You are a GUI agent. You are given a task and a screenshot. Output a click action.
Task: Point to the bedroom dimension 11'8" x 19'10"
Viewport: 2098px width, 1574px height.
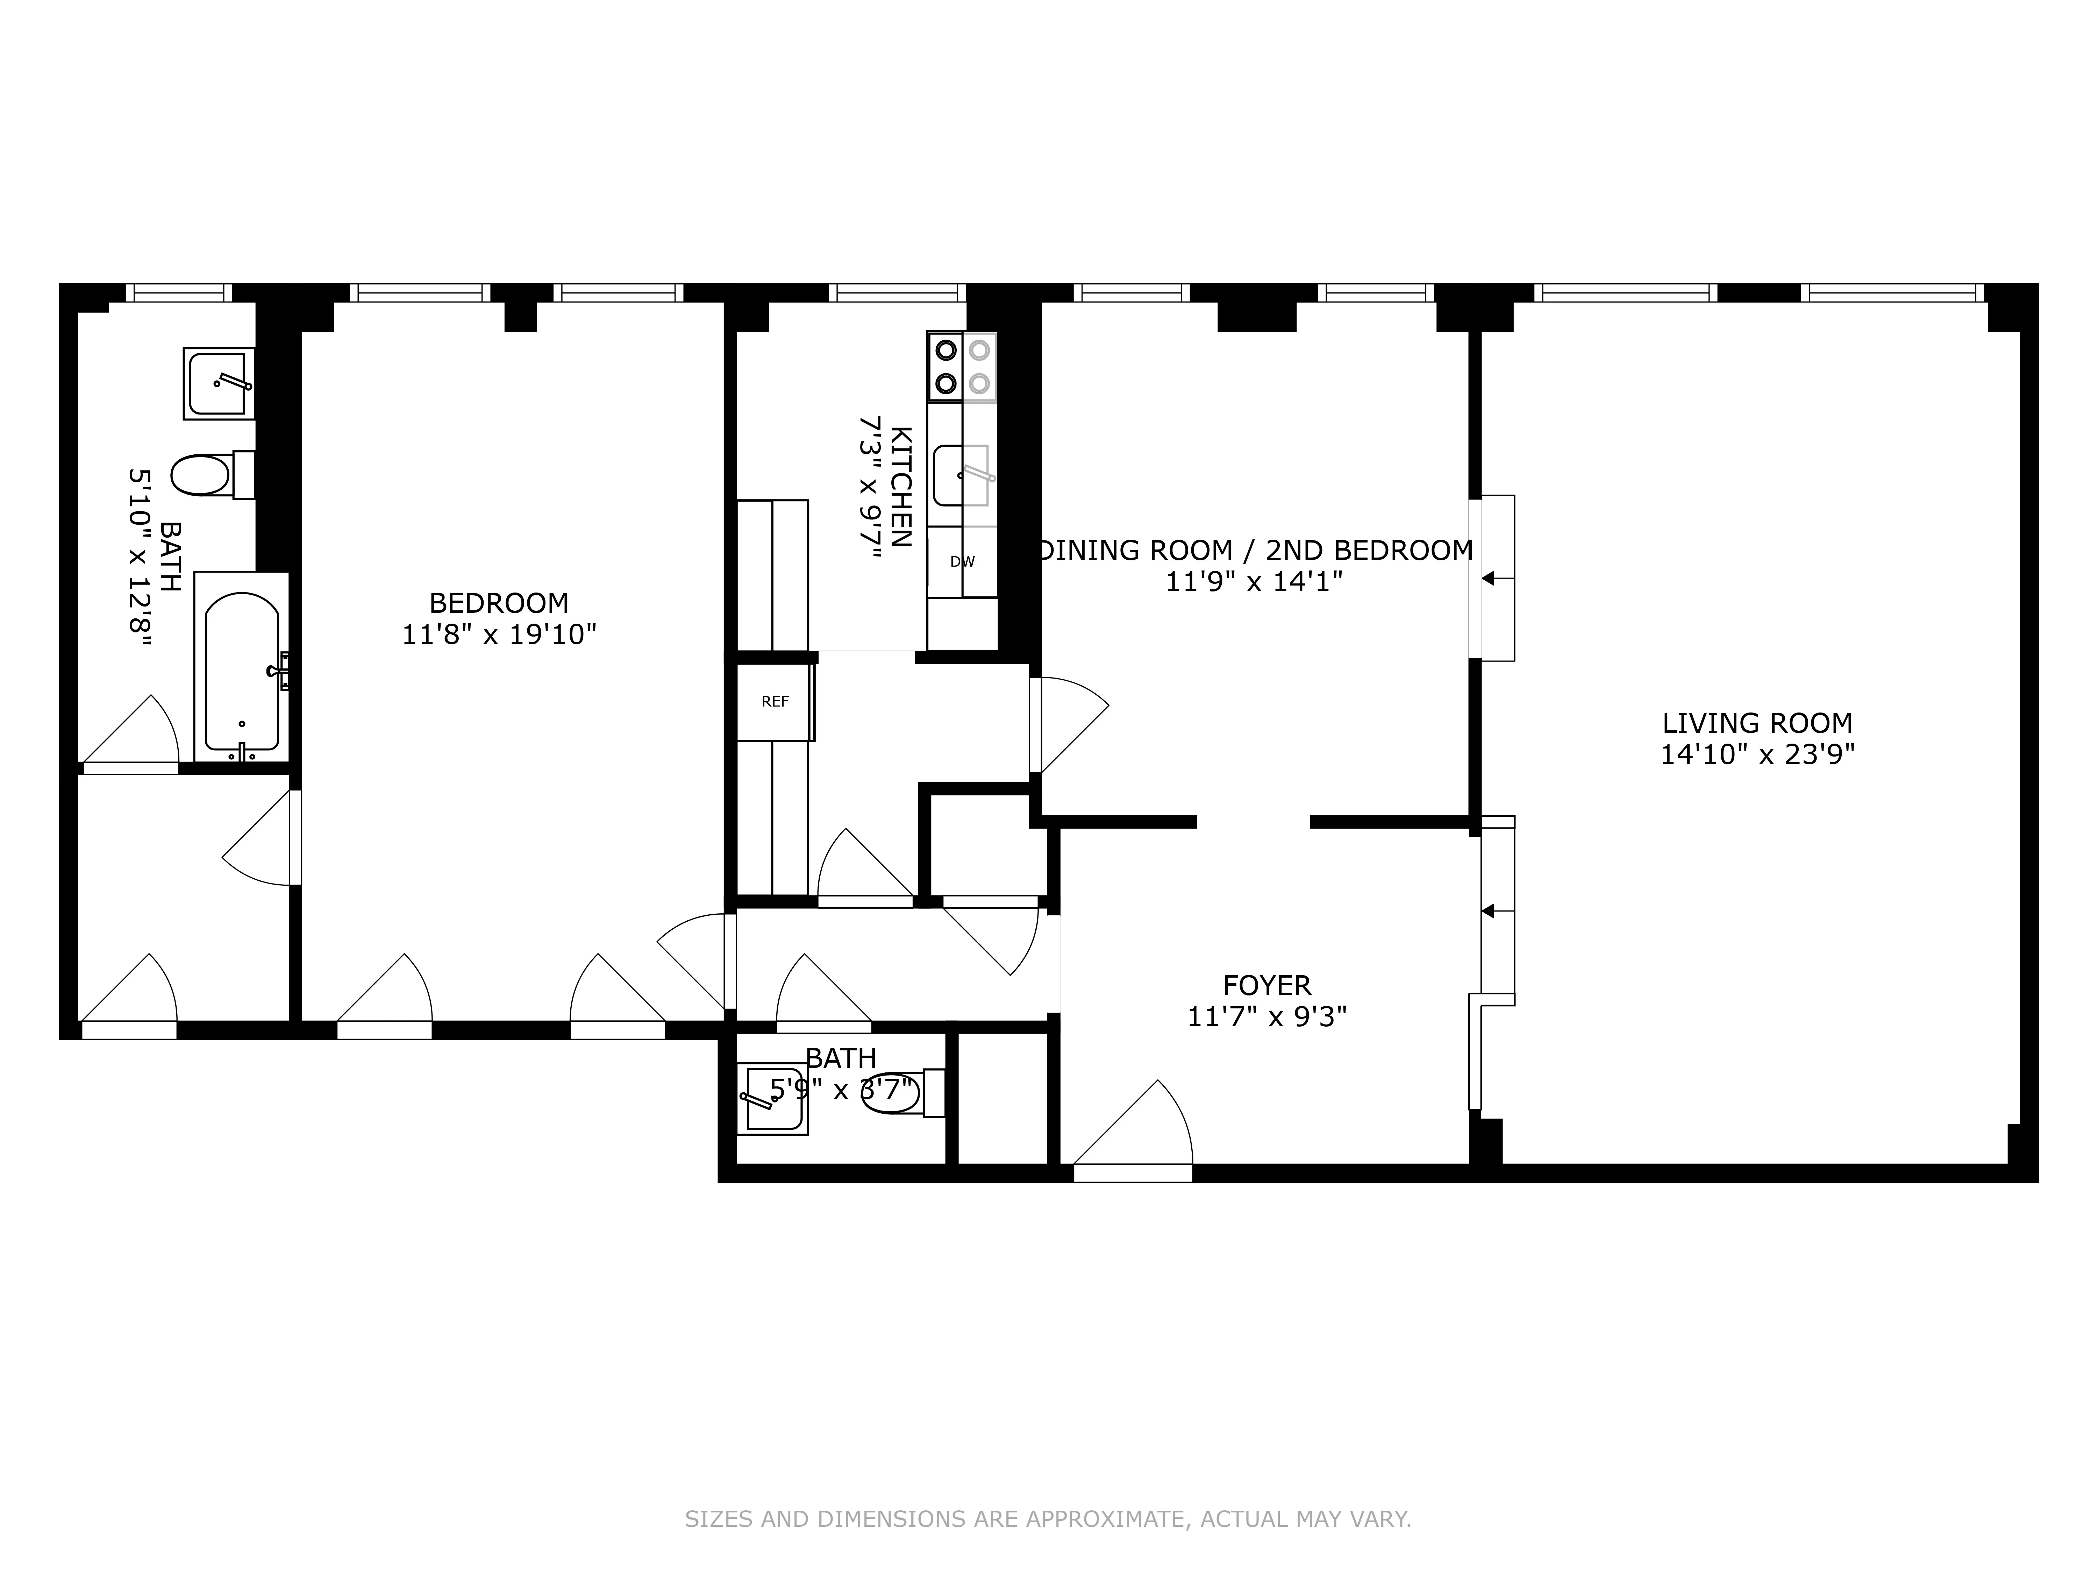tap(499, 635)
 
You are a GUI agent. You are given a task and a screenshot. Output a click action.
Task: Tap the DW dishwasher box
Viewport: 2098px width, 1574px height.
tap(962, 562)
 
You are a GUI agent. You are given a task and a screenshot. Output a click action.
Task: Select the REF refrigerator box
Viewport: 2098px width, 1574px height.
tap(775, 702)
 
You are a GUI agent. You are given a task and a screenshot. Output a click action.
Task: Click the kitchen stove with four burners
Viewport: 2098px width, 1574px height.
tap(962, 366)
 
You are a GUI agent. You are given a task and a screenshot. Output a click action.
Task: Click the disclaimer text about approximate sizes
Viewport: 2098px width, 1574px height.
tap(1048, 1466)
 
